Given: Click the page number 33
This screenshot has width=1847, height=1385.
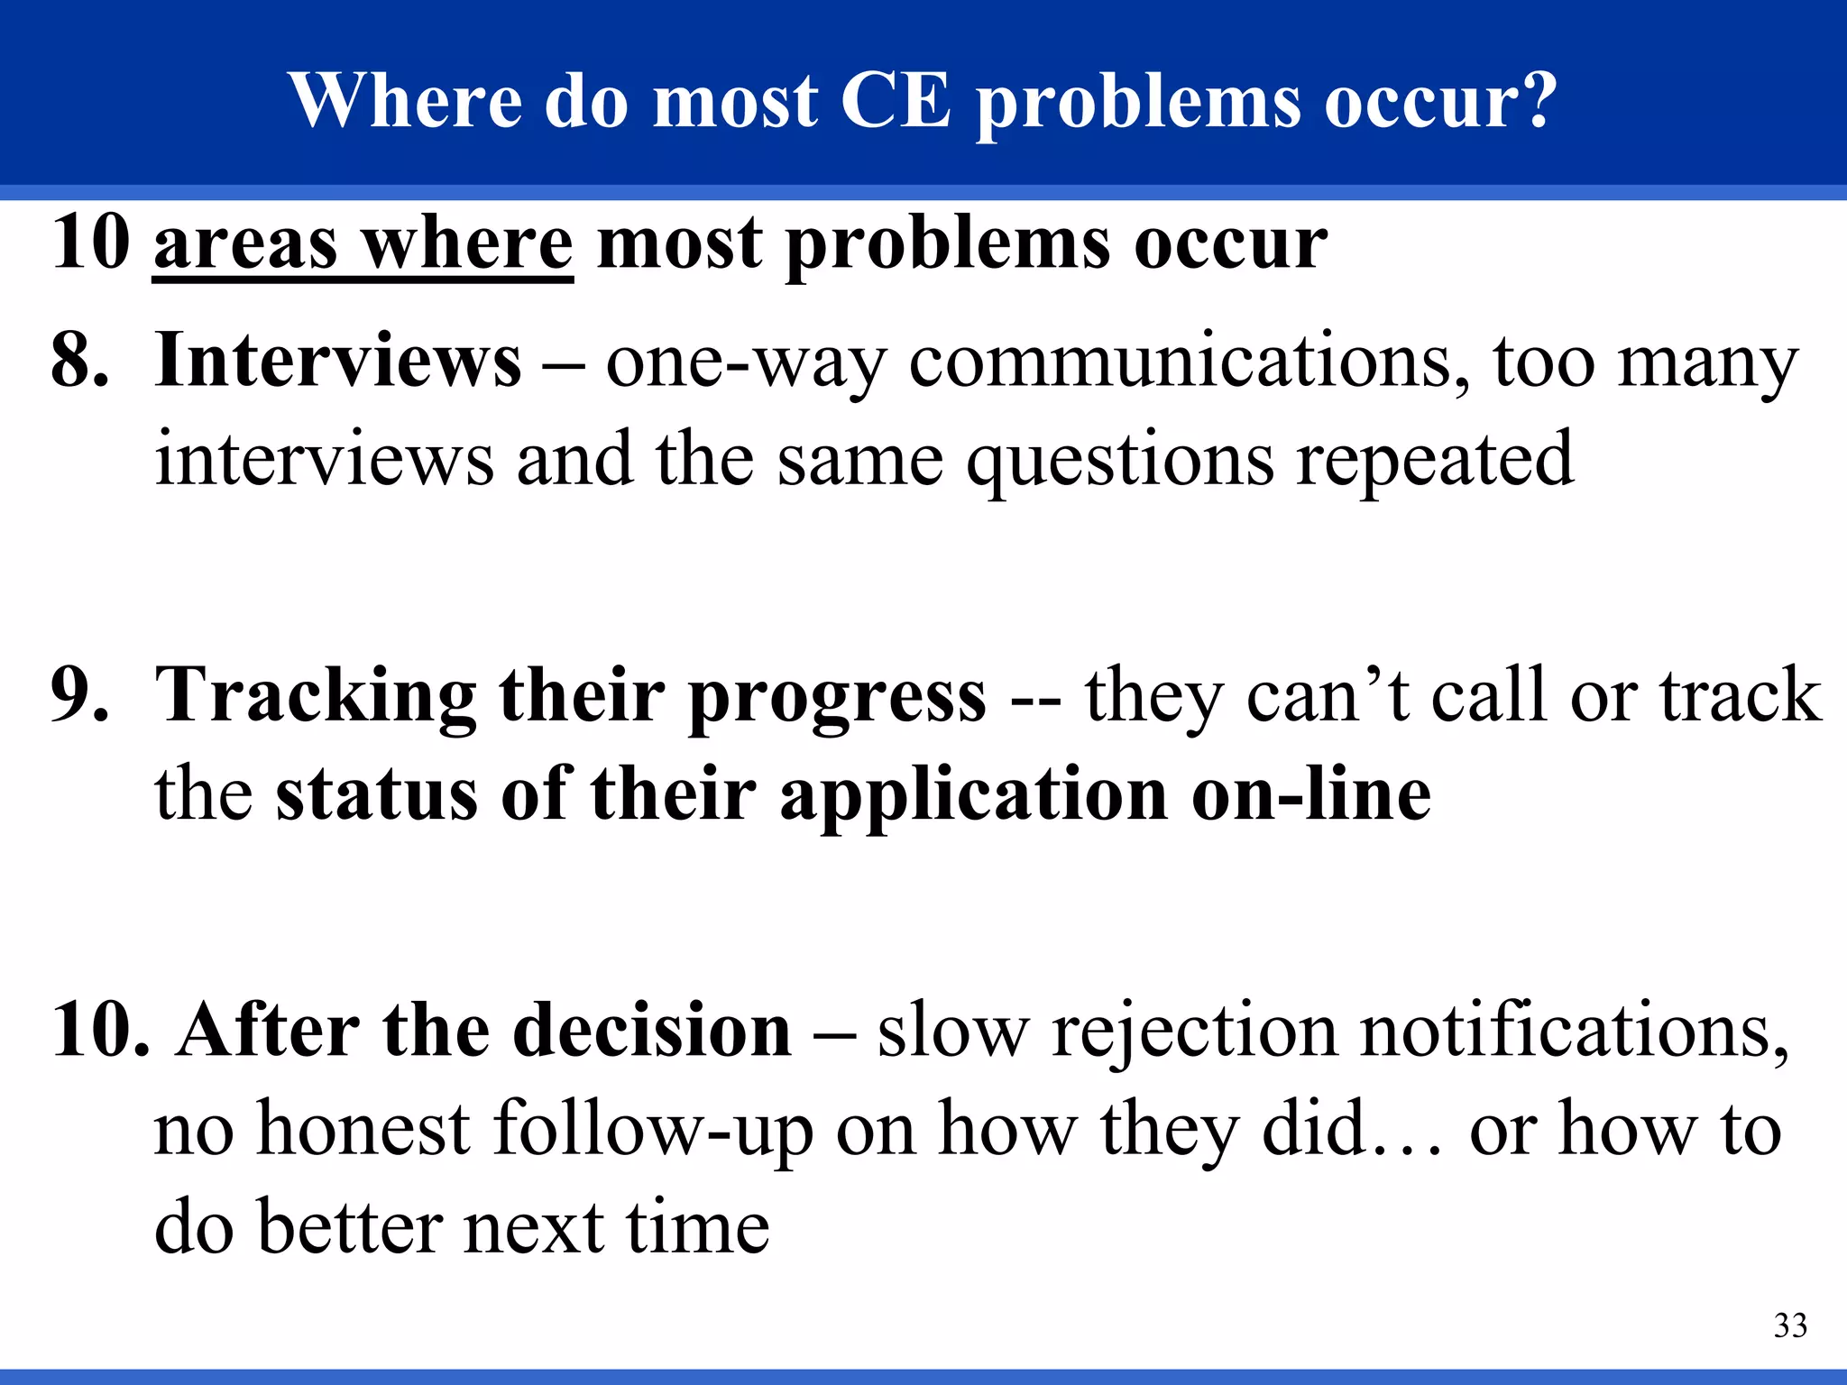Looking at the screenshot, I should click(1790, 1325).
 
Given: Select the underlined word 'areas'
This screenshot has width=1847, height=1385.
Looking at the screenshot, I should click(246, 244).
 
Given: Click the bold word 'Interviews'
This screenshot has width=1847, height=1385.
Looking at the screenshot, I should click(338, 361).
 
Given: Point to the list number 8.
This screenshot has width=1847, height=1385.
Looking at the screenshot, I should click(79, 361).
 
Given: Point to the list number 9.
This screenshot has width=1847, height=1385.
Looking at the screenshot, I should click(79, 695).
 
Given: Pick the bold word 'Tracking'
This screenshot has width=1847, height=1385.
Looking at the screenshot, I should click(316, 697).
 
